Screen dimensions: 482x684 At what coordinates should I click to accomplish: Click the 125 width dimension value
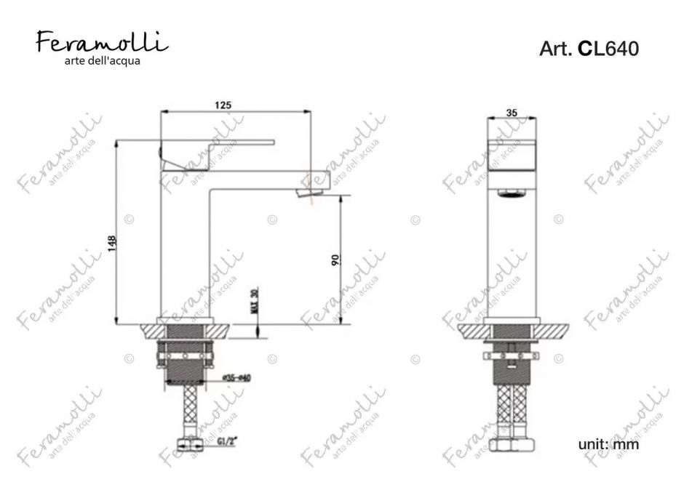click(223, 105)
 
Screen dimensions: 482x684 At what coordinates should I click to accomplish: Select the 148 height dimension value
click(111, 242)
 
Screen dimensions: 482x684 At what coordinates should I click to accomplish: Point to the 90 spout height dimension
click(336, 260)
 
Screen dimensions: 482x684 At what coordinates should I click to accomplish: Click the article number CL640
click(589, 49)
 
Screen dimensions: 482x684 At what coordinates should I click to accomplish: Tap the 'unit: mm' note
click(608, 443)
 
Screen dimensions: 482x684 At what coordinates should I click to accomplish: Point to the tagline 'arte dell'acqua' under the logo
click(102, 61)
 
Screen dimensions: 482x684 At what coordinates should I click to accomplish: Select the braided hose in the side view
click(187, 411)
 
